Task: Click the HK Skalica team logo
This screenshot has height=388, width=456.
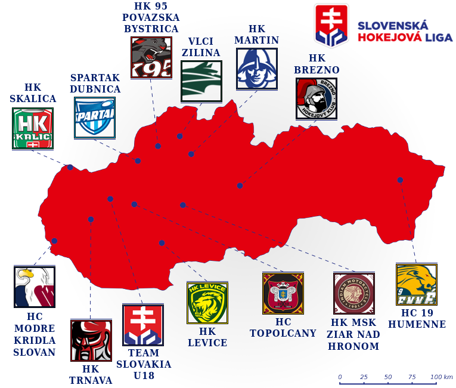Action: (33, 128)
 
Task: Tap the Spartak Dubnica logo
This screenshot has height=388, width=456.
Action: (95, 118)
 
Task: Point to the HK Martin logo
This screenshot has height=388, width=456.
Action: (257, 69)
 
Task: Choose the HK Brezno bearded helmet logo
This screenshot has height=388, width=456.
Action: (317, 98)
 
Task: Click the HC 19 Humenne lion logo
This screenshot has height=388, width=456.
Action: (417, 284)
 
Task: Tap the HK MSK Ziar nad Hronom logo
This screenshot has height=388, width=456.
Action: (354, 293)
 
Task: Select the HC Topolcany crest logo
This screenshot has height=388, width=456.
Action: (283, 292)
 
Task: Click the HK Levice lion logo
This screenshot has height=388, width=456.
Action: (207, 303)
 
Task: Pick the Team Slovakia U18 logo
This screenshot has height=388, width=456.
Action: (142, 325)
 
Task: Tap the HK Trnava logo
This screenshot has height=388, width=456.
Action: (91, 340)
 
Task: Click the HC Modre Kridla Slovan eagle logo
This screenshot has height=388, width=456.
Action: (34, 287)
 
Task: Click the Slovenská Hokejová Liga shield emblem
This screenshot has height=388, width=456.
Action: (332, 26)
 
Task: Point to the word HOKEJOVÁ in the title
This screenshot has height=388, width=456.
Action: (389, 37)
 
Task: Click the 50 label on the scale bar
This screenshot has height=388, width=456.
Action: (388, 377)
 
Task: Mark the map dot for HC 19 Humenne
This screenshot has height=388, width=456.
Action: (400, 180)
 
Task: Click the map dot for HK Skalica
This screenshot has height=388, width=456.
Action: (70, 167)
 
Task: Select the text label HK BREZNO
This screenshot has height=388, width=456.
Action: (317, 64)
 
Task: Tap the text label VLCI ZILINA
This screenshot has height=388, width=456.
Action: (200, 47)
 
